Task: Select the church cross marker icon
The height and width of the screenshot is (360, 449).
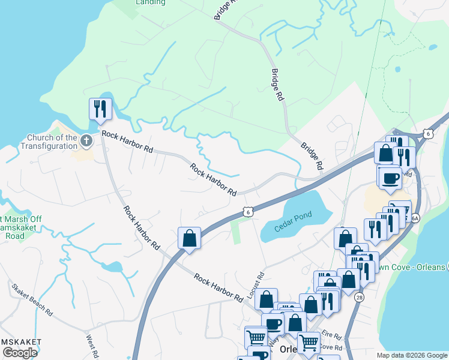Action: [x=86, y=142]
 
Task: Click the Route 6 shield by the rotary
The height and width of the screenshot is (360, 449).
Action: [x=427, y=133]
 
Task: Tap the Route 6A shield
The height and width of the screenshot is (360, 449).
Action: [x=414, y=219]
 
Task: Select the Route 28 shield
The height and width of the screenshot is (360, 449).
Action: [x=359, y=297]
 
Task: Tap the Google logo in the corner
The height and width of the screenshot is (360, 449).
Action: [x=20, y=353]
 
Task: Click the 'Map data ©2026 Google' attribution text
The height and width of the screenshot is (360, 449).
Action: [x=412, y=355]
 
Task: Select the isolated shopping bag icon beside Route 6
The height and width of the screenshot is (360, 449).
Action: [x=189, y=238]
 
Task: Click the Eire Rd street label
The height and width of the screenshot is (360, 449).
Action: [x=331, y=337]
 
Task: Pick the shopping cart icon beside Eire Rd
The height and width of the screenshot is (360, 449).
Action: [x=309, y=343]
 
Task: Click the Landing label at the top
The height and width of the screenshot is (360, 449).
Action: [x=151, y=2]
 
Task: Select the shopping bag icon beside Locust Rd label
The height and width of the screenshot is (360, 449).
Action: [x=266, y=298]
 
